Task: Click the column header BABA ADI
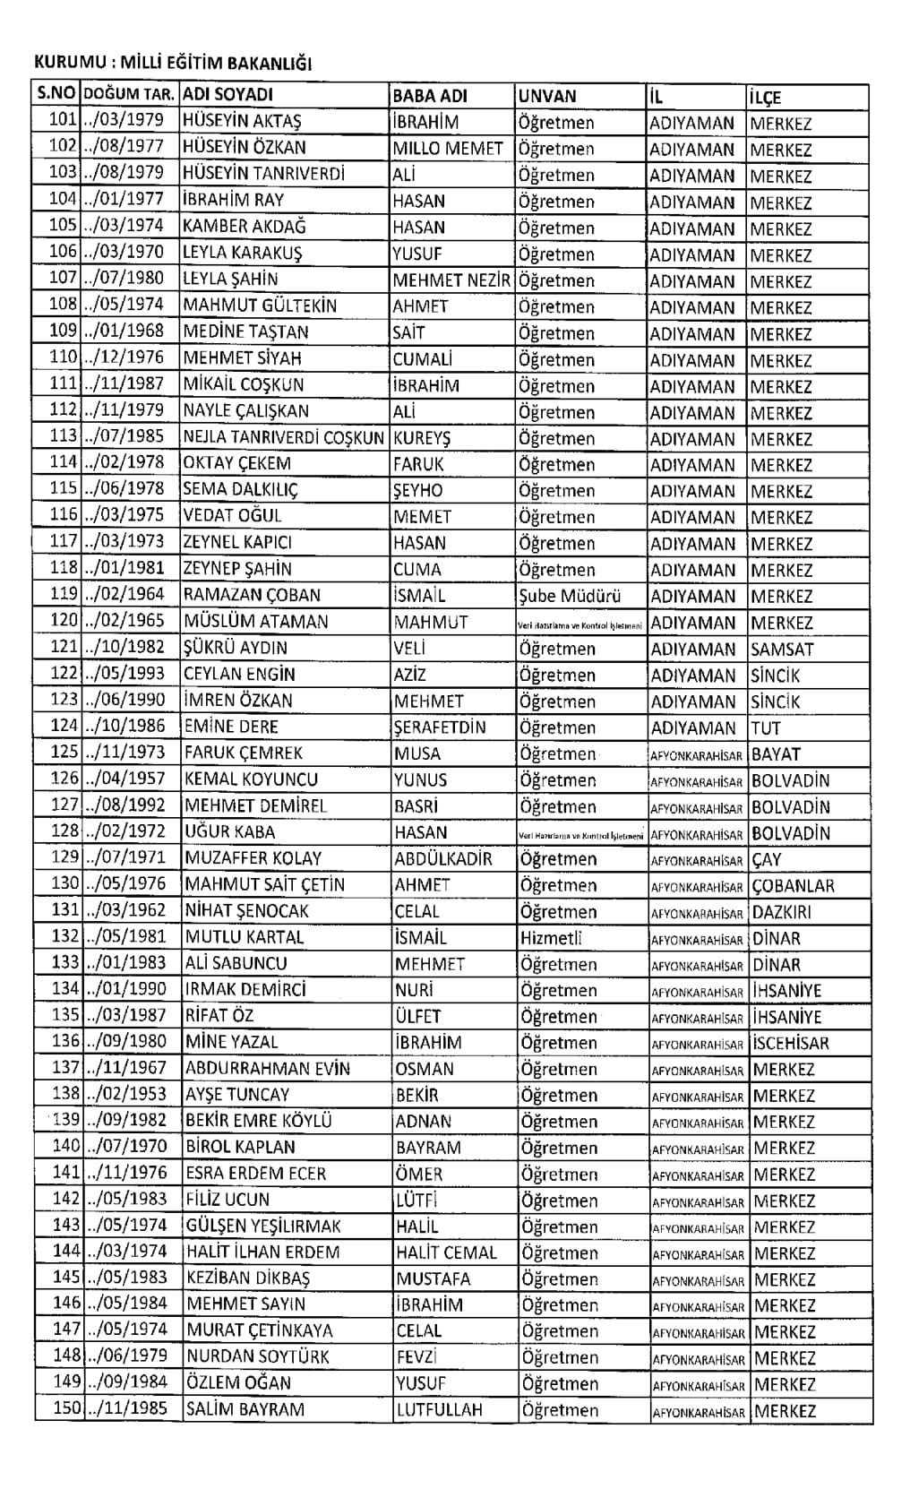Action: click(430, 96)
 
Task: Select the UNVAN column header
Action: click(548, 96)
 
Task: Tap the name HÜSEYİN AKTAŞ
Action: click(242, 121)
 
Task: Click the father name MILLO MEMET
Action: click(448, 148)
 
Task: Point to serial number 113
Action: click(64, 436)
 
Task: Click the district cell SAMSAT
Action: click(782, 649)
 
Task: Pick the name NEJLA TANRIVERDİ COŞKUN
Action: click(283, 438)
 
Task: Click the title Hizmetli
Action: click(551, 938)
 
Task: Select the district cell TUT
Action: click(766, 727)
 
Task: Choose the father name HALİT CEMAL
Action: click(446, 1252)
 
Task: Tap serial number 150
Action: click(67, 1407)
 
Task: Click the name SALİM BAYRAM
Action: click(245, 1409)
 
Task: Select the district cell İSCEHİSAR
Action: click(791, 1043)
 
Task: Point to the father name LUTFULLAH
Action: click(440, 1409)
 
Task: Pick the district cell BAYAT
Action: click(776, 753)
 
